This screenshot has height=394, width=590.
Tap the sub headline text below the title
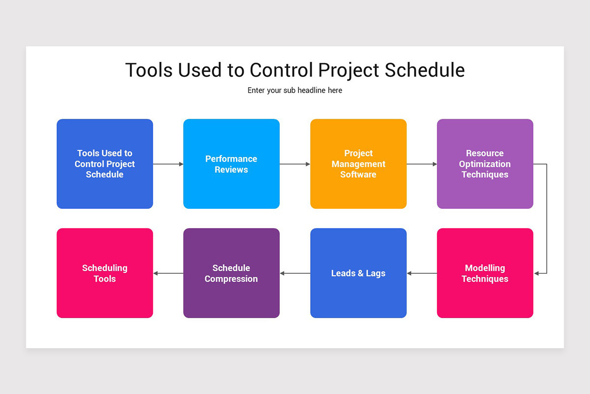(x=295, y=91)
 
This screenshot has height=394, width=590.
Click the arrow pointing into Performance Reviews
(x=168, y=164)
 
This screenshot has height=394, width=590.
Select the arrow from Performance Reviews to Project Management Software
(x=295, y=164)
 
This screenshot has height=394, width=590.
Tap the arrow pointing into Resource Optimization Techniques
(x=422, y=164)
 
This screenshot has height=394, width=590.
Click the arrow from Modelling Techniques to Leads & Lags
(x=422, y=273)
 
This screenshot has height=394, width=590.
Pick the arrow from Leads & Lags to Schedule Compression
(x=295, y=273)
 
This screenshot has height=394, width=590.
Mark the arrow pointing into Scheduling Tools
(x=168, y=273)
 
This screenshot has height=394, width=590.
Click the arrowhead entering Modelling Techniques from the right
(x=537, y=273)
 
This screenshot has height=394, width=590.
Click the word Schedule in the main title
(x=424, y=70)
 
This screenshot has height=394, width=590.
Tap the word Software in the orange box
(x=358, y=175)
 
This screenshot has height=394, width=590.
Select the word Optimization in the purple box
(x=485, y=164)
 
